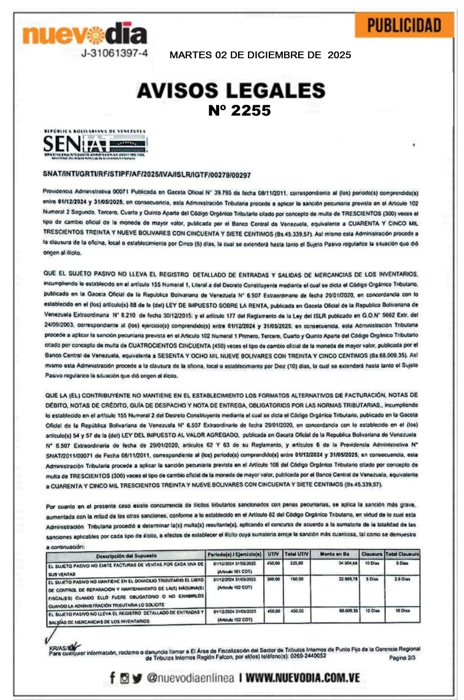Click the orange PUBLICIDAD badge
tap(404, 25)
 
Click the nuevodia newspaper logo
tap(84, 34)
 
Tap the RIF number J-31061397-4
tap(115, 53)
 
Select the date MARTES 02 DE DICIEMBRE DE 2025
tap(260, 55)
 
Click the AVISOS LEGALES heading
tap(231, 90)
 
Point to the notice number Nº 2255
tap(239, 110)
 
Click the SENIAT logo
tap(94, 144)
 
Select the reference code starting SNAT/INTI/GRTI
tap(146, 175)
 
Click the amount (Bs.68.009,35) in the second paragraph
tap(392, 355)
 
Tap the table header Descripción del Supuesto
tap(127, 555)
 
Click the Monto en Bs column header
tap(334, 554)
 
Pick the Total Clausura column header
tap(402, 554)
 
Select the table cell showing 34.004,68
tap(348, 564)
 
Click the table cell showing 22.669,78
tap(348, 579)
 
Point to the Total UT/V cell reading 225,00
tap(296, 564)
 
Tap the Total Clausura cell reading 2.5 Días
tap(402, 579)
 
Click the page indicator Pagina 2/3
tap(402, 658)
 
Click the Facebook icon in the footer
tap(112, 678)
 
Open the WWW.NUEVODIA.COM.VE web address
tap(303, 678)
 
